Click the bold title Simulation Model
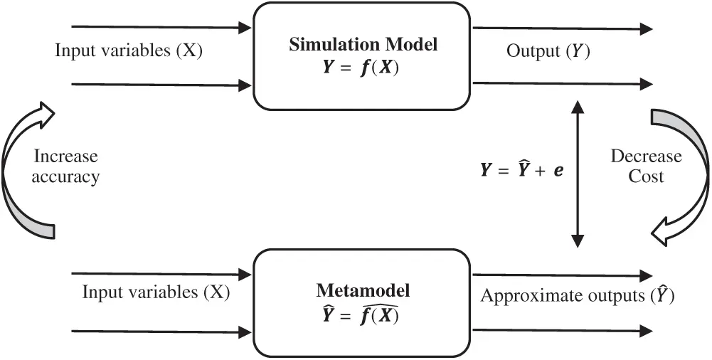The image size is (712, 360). pyautogui.click(x=363, y=44)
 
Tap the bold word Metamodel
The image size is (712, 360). pyautogui.click(x=363, y=290)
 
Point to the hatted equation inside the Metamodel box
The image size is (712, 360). pyautogui.click(x=363, y=314)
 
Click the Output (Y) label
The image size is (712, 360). pyautogui.click(x=548, y=51)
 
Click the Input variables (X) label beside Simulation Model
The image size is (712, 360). pyautogui.click(x=129, y=51)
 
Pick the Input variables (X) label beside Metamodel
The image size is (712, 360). pyautogui.click(x=156, y=292)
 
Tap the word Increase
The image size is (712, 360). pyautogui.click(x=65, y=156)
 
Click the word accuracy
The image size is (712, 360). pyautogui.click(x=65, y=177)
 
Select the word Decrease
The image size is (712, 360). pyautogui.click(x=646, y=156)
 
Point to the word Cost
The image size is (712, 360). pyautogui.click(x=646, y=176)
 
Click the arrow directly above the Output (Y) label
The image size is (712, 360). pyautogui.click(x=562, y=28)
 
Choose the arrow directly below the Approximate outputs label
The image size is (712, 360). pyautogui.click(x=562, y=330)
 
